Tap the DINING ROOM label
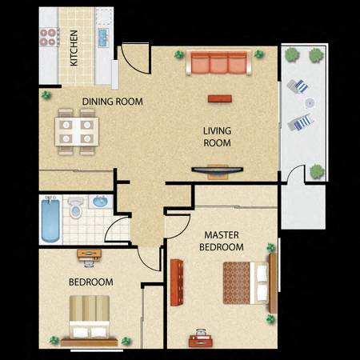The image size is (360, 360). (113, 102)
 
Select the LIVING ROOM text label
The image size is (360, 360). (216, 138)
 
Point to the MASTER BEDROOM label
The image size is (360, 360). (222, 241)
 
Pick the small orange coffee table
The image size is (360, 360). (218, 98)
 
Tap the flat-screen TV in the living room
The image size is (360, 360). (218, 170)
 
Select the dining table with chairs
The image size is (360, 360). (77, 131)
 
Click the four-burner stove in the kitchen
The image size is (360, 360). (47, 38)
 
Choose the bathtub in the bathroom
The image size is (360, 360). (50, 220)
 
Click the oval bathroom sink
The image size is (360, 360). (101, 202)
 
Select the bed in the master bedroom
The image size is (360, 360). (246, 282)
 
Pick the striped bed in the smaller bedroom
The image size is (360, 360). (88, 318)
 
